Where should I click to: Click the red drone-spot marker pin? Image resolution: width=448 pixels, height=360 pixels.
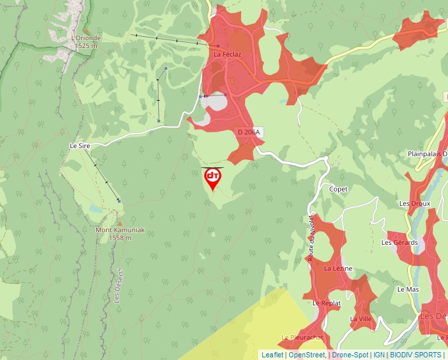(x=213, y=178)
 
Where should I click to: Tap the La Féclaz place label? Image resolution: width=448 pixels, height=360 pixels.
(x=226, y=54)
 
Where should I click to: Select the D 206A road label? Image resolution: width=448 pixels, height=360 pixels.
(x=249, y=132)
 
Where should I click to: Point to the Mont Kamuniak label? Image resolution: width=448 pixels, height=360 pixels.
(x=120, y=230)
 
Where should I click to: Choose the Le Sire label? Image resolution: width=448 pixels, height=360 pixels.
(x=79, y=145)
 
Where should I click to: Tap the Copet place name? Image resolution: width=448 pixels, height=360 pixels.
(x=339, y=189)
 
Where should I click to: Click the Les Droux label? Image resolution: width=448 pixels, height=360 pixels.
(x=414, y=203)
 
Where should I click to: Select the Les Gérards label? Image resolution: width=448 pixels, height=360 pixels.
(x=400, y=242)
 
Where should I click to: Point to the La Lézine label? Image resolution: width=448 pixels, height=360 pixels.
(x=338, y=269)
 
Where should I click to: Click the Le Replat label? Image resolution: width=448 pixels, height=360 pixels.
(x=326, y=303)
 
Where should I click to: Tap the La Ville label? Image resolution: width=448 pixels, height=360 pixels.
(x=361, y=319)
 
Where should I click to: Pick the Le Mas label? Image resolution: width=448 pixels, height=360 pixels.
(x=408, y=289)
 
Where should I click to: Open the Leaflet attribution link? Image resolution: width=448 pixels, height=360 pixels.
(x=272, y=355)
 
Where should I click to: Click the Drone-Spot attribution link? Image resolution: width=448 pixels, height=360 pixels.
(x=349, y=355)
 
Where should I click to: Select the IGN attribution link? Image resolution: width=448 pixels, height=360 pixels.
(x=379, y=355)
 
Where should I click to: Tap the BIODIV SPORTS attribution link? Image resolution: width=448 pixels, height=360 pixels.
(x=416, y=355)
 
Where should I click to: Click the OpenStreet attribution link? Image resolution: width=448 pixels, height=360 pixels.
(x=308, y=355)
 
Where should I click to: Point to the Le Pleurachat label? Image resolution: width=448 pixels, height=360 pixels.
(x=302, y=337)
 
